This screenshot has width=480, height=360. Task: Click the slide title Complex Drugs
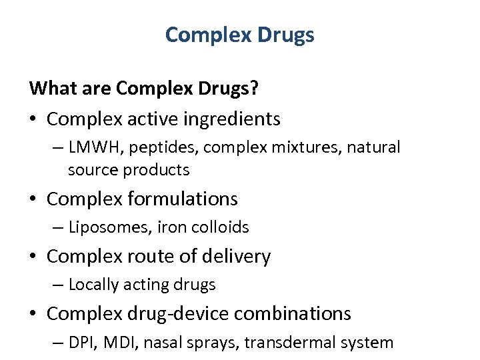[239, 35]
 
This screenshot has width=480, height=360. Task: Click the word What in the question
[51, 87]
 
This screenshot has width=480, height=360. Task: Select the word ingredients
[233, 119]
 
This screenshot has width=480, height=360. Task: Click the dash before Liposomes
[59, 227]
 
